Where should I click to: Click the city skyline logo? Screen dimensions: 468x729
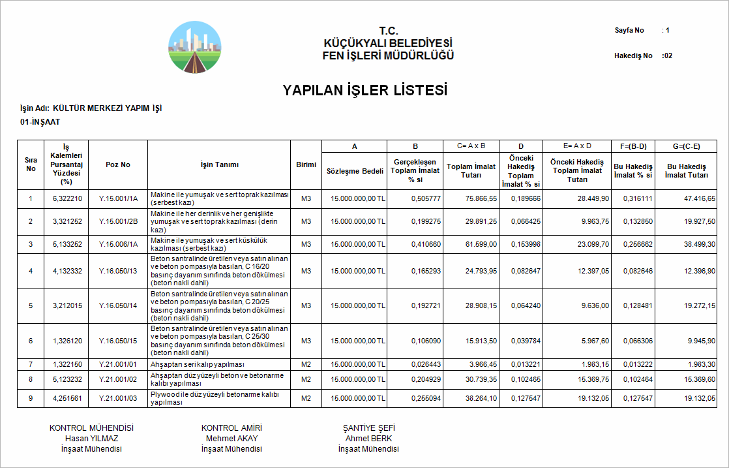coord(194,46)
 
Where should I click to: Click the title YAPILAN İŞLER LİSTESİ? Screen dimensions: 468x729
coord(364,90)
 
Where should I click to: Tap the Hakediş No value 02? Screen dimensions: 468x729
coord(667,56)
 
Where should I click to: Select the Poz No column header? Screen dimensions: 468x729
coord(118,164)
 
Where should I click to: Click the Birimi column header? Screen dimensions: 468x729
coord(306,164)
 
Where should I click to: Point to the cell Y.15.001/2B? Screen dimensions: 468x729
coord(118,222)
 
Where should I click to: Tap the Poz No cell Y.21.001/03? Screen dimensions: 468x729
coord(118,398)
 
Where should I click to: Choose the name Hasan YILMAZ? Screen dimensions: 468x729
coord(91,439)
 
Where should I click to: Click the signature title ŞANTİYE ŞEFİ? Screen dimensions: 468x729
coord(368,428)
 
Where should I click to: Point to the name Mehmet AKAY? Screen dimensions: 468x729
coord(231,439)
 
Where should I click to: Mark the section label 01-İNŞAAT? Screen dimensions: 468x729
coord(40,122)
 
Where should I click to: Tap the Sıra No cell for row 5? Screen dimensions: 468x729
coord(31,305)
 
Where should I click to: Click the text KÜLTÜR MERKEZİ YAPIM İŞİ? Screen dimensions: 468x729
coord(107,108)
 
